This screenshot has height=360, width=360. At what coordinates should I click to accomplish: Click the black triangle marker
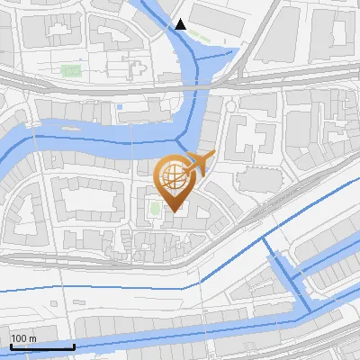point(181,24)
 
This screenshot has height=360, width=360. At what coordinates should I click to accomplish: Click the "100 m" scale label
point(23,338)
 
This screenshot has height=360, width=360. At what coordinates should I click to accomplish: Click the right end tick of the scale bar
point(74,345)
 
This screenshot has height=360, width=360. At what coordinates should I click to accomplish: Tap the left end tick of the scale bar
point(11,345)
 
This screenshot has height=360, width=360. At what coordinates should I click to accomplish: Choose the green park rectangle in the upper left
point(70,69)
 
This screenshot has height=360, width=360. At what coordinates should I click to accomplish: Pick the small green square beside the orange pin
point(155,210)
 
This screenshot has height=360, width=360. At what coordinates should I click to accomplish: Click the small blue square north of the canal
point(120,108)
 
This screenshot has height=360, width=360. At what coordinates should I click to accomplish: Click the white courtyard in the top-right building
point(341,32)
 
